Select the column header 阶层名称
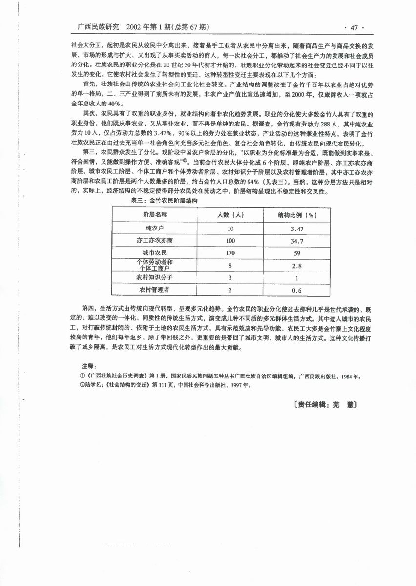click(x=155, y=215)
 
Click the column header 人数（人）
click(x=230, y=215)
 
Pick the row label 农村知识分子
click(x=155, y=277)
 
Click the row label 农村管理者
click(x=155, y=290)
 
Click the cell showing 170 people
click(x=230, y=253)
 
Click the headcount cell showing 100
click(x=230, y=241)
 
